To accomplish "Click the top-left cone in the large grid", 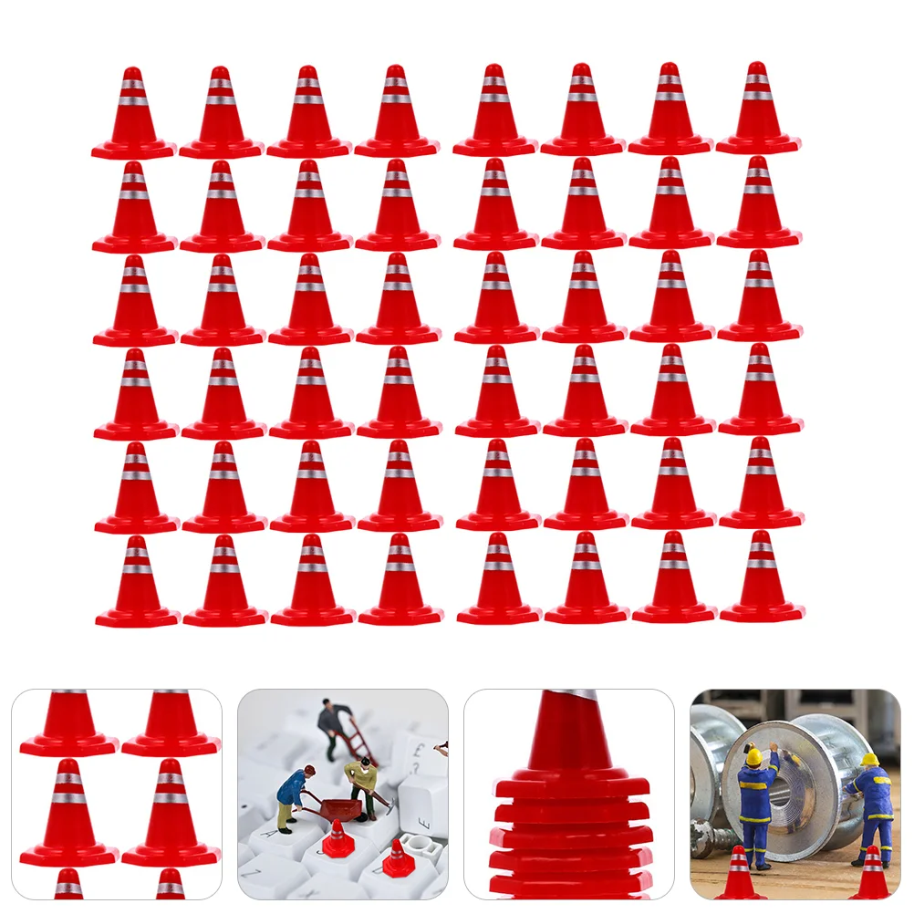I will tap(133, 114).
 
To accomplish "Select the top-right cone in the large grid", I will tap(758, 109).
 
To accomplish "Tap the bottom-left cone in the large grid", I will tap(137, 584).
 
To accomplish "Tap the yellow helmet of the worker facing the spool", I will tap(753, 756).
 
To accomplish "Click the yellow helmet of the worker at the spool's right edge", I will tap(869, 759).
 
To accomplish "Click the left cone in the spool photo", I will tap(740, 876).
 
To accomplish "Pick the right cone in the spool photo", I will tap(873, 876).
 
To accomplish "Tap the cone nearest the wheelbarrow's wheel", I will tap(338, 838).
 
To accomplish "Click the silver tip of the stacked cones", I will tap(572, 696).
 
